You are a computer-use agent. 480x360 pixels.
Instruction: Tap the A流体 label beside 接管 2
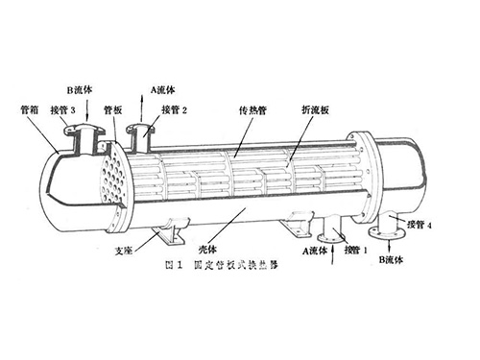pos(162,89)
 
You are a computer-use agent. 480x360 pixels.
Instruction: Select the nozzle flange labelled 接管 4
pos(390,227)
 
